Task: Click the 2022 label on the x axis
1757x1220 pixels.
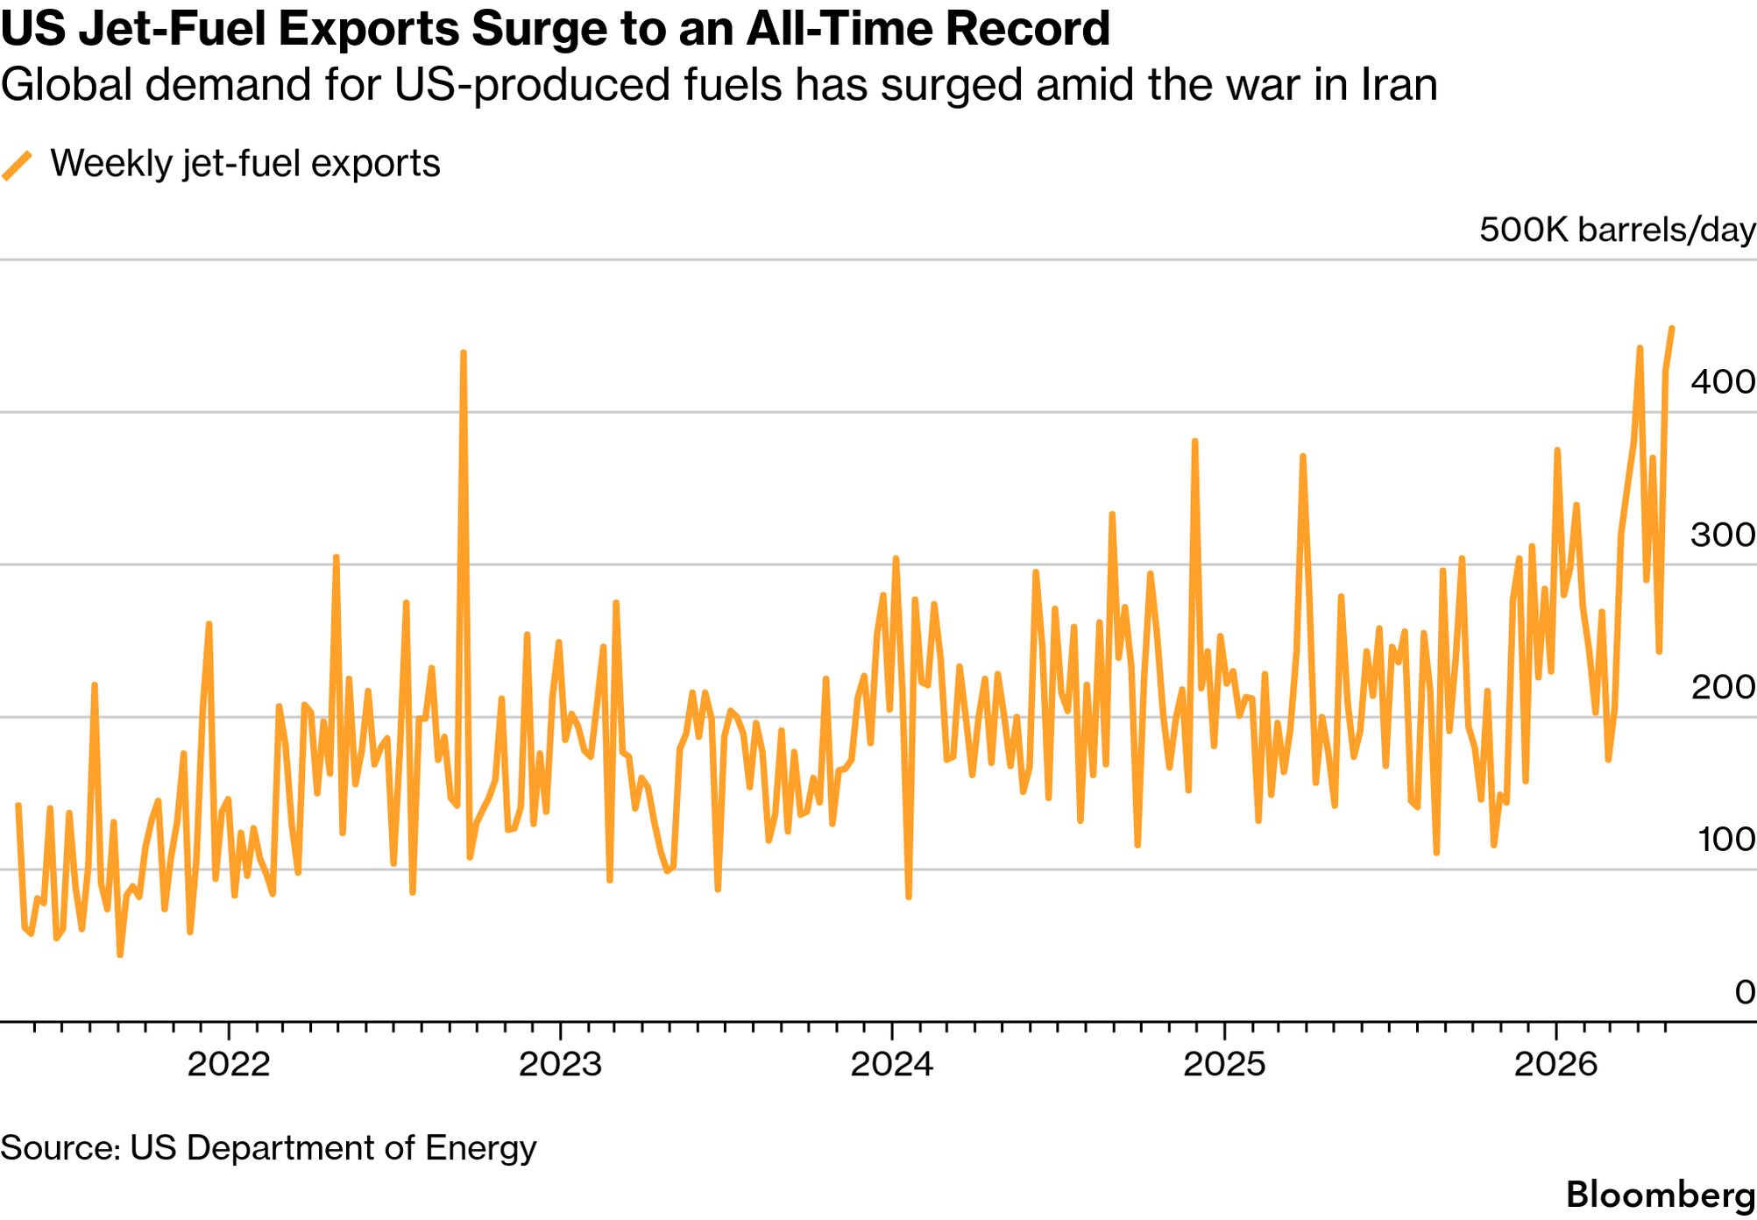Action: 229,1064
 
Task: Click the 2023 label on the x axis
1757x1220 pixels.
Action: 560,1064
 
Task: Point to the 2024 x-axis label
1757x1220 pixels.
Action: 892,1064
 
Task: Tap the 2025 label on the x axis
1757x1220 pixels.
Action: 1224,1064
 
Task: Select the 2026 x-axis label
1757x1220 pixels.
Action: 1556,1064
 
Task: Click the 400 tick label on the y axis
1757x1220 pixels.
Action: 1723,381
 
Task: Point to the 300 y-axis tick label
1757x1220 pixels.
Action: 1723,535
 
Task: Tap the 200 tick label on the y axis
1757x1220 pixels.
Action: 1723,687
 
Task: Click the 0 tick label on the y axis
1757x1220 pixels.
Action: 1745,992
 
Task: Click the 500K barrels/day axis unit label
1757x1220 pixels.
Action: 1618,230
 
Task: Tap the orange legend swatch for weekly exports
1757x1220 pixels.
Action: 18,165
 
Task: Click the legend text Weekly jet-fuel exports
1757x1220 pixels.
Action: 245,164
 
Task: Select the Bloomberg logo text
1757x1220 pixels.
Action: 1661,1195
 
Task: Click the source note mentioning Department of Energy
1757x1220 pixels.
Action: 268,1147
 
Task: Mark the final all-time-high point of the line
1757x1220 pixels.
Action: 1672,329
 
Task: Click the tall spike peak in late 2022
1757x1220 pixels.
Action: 464,352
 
